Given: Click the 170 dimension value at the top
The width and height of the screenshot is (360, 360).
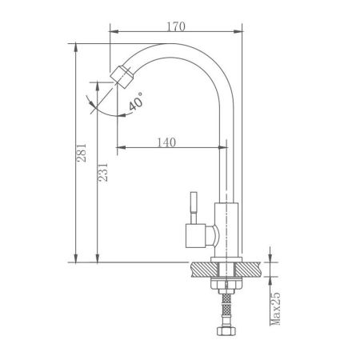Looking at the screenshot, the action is pyautogui.click(x=176, y=26).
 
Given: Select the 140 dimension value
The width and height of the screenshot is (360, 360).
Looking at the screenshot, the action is pyautogui.click(x=166, y=142).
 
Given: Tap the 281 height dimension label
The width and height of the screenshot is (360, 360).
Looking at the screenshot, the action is pyautogui.click(x=82, y=153).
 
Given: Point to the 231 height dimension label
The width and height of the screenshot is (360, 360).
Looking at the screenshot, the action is pyautogui.click(x=103, y=172).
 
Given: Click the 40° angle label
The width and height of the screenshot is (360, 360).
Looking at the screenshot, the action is pyautogui.click(x=136, y=102).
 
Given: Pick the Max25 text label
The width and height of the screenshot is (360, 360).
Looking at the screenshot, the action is pyautogui.click(x=275, y=309).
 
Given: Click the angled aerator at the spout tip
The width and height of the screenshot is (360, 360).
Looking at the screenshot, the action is pyautogui.click(x=122, y=77).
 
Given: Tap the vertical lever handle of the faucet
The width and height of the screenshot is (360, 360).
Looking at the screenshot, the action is pyautogui.click(x=194, y=207).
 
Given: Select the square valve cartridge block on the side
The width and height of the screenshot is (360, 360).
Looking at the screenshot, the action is pyautogui.click(x=195, y=236).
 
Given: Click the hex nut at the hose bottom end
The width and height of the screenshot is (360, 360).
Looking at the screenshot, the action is pyautogui.click(x=226, y=331).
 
